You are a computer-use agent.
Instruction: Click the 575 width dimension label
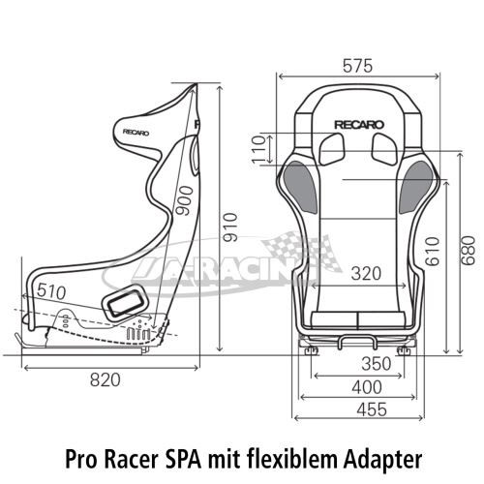click(357, 66)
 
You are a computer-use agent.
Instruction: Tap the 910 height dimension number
click(231, 227)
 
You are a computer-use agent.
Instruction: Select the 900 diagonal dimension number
click(186, 200)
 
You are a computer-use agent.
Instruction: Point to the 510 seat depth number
click(51, 291)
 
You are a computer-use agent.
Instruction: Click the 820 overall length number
click(106, 379)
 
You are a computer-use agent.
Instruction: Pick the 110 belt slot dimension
click(258, 149)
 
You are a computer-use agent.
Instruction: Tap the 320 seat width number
click(366, 273)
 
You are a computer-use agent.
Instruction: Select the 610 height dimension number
click(433, 252)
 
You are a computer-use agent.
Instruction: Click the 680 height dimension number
click(468, 251)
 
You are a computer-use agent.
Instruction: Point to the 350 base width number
click(377, 364)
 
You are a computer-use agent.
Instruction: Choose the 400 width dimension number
click(367, 387)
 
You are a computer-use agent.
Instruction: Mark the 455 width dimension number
click(372, 409)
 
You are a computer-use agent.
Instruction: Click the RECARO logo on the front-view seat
click(359, 125)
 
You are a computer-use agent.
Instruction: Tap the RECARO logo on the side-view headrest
click(136, 133)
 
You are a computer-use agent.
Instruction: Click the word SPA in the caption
click(183, 459)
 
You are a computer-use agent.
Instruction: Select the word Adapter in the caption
click(382, 460)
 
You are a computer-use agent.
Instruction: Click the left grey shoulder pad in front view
click(300, 187)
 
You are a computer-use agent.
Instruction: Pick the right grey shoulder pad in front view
click(417, 187)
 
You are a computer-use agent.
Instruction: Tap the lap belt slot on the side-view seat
click(125, 303)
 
